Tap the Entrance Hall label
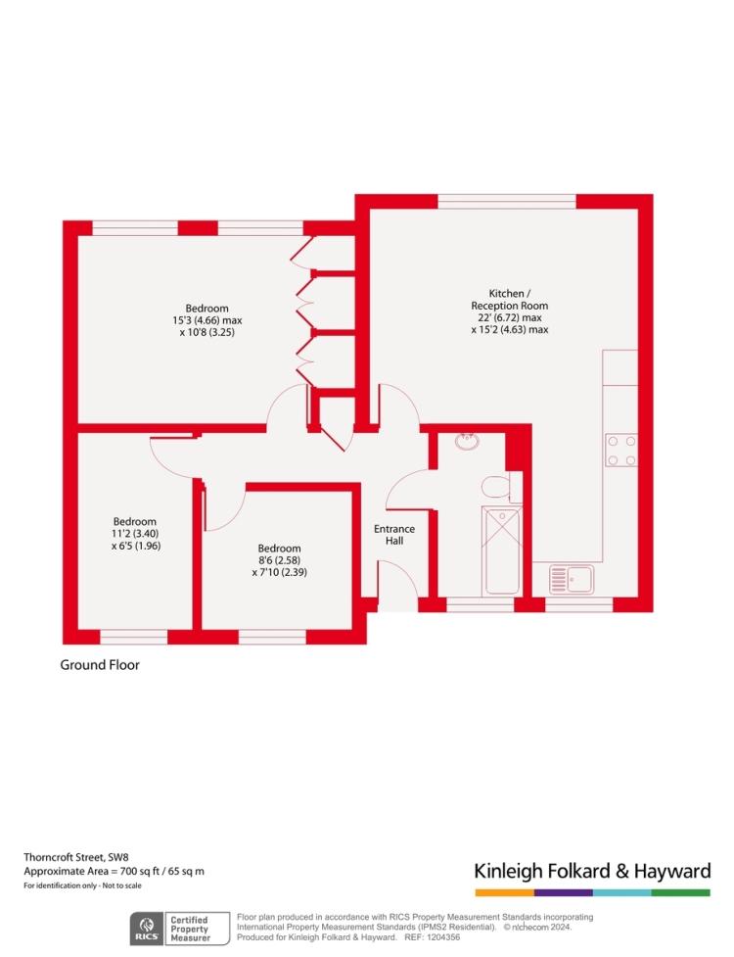tap(394, 535)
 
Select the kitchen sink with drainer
tap(572, 579)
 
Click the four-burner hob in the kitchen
tap(621, 450)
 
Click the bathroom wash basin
tap(468, 441)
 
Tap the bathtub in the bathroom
tap(502, 551)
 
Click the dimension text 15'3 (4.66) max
tap(207, 320)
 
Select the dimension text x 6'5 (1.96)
tap(136, 546)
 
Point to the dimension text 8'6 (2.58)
tap(279, 560)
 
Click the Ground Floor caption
tap(100, 665)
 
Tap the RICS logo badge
tap(147, 929)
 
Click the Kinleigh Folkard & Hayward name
tap(592, 871)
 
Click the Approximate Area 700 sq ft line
tap(114, 872)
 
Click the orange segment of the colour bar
tap(505, 893)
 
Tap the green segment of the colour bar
tap(681, 893)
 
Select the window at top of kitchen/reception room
tap(507, 202)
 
